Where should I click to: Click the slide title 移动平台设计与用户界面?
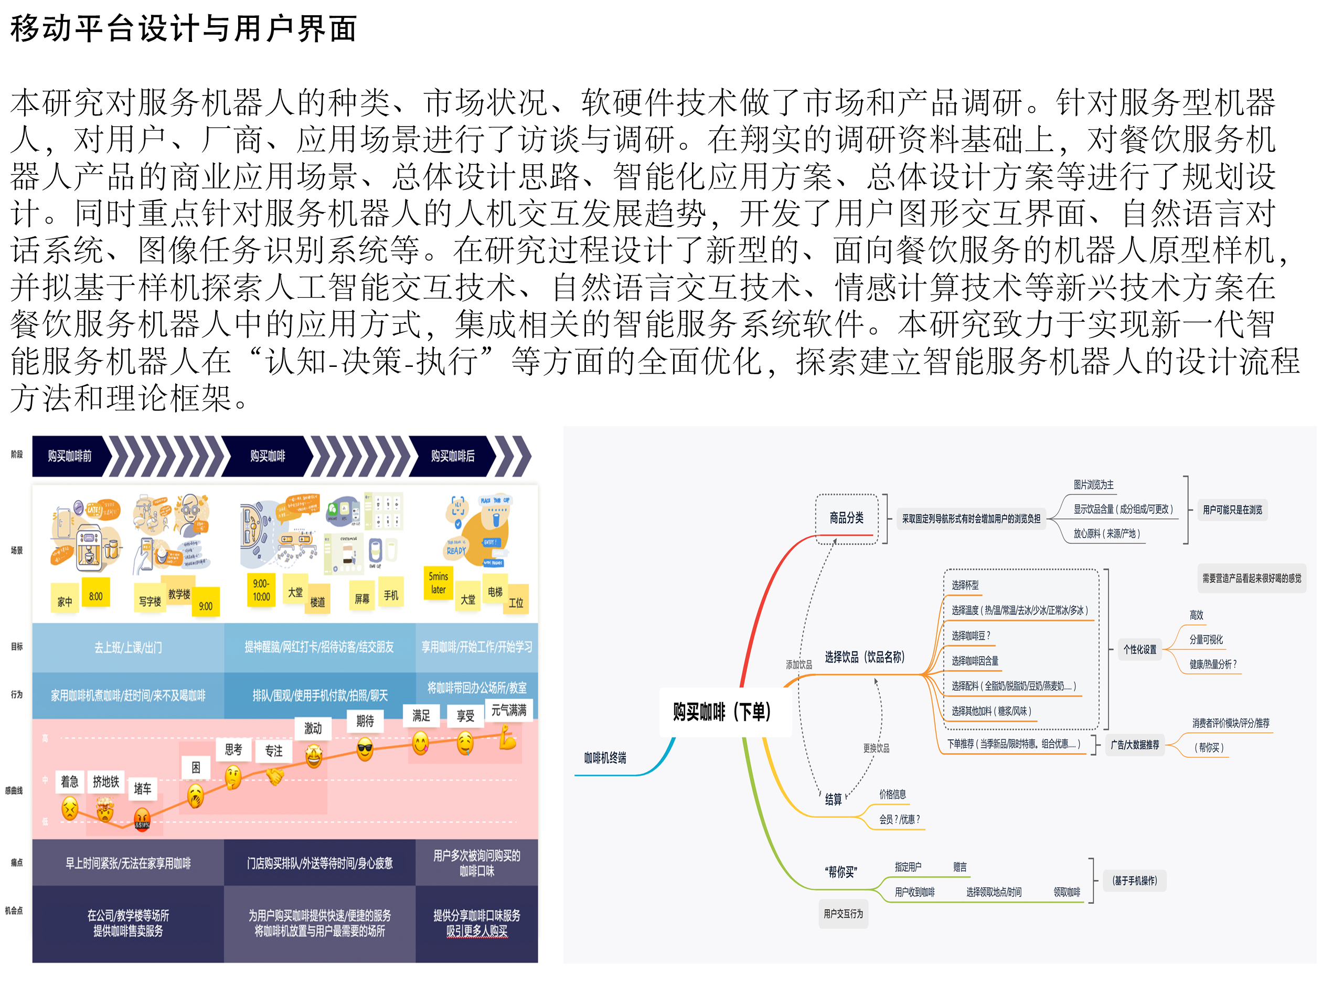pos(184,29)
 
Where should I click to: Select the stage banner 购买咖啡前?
pos(70,457)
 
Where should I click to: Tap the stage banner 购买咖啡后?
pos(452,457)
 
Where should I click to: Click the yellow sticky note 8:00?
pos(95,596)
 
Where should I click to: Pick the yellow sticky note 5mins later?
pos(438,583)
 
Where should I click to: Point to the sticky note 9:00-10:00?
pos(261,590)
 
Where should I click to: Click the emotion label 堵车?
pos(142,789)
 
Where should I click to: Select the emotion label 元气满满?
pos(508,710)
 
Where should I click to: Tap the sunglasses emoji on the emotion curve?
pos(365,749)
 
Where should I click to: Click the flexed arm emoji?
pos(507,738)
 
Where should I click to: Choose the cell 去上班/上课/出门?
pos(128,648)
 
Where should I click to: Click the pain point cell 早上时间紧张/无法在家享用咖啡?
pos(128,863)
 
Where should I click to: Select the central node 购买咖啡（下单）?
pos(722,712)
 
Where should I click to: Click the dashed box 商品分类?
pos(846,518)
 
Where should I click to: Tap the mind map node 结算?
pos(833,799)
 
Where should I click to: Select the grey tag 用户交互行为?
pos(843,914)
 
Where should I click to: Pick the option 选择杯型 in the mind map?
pos(965,585)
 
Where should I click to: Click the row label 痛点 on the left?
pos(17,863)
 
